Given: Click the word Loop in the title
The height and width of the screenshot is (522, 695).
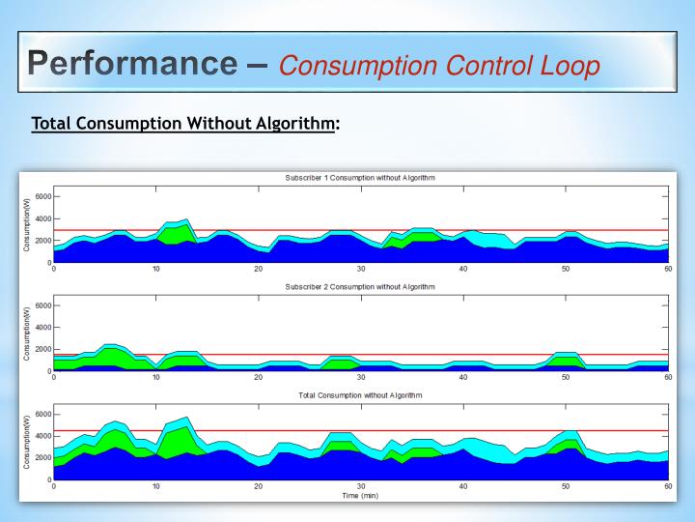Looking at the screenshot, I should coord(566,66).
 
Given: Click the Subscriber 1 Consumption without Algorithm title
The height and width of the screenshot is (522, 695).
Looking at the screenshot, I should coord(360,179).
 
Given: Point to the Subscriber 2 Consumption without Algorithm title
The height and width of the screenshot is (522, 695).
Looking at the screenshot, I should coord(360,287).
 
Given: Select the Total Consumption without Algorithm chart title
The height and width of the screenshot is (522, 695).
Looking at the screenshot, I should coord(360,395).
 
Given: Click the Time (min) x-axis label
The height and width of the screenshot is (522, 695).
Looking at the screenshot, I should coord(360,496).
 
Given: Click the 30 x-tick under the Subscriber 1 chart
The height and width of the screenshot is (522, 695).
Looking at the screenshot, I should coord(360,269).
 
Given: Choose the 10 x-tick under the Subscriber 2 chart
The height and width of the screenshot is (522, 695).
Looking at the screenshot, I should coord(156,377).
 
